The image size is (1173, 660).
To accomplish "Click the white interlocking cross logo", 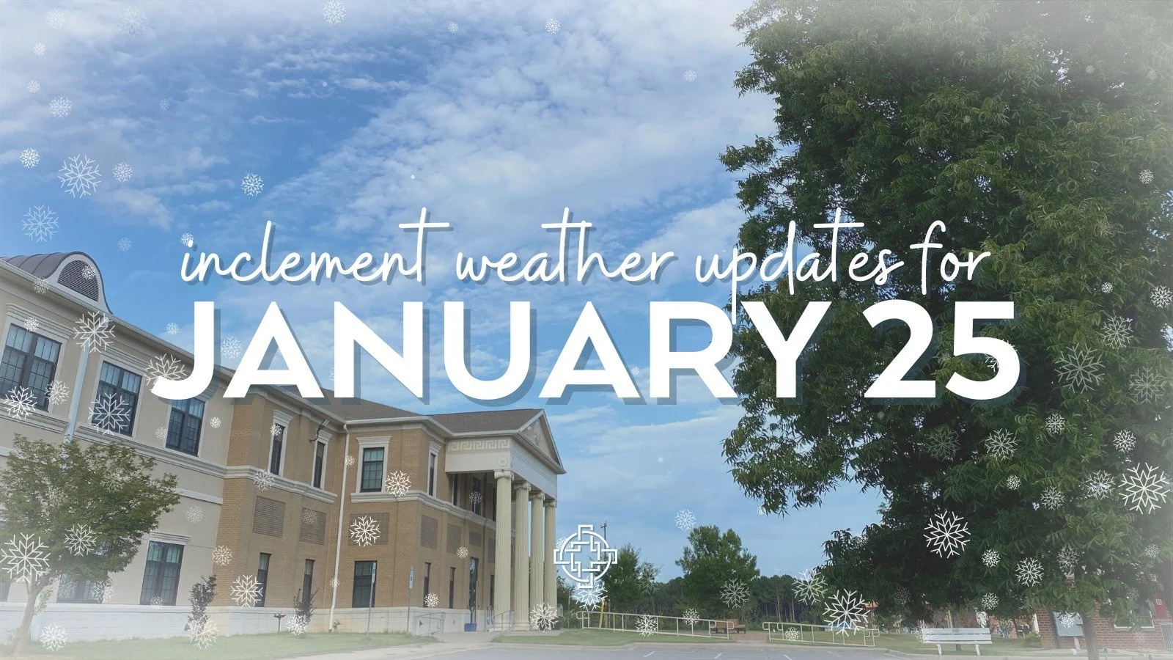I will [x=584, y=555].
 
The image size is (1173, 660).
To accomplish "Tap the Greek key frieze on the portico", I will [x=484, y=445].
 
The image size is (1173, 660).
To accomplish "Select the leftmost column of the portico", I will [x=503, y=546].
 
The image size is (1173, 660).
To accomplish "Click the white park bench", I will [x=955, y=637].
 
